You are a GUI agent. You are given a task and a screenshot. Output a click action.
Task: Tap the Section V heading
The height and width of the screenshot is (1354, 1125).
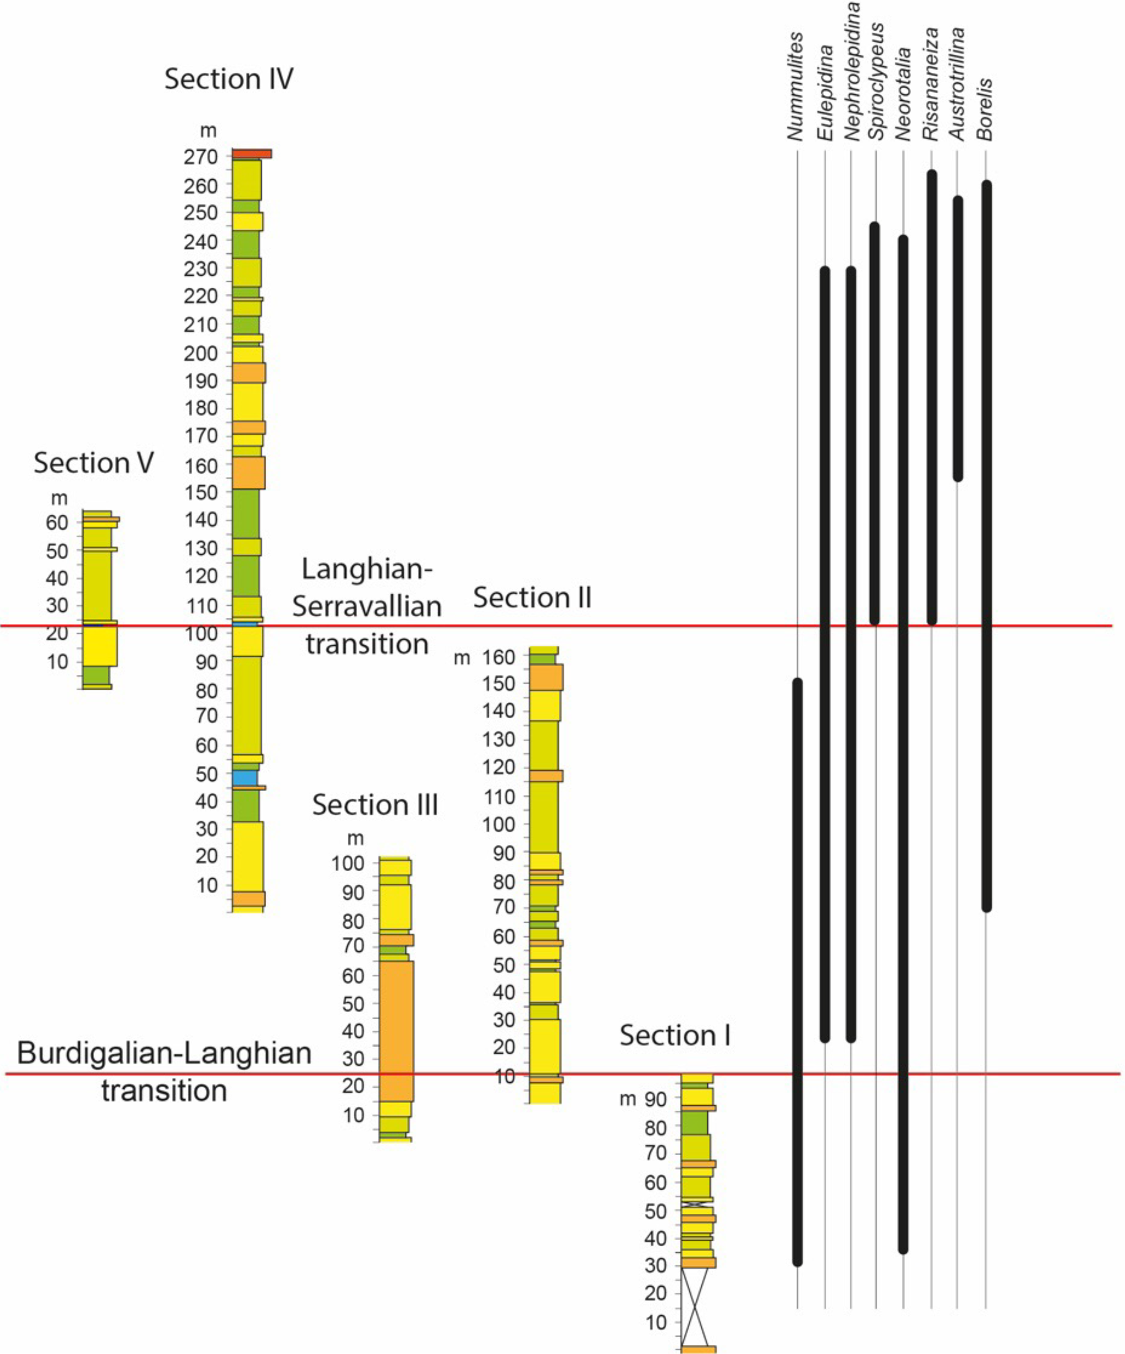pyautogui.click(x=94, y=463)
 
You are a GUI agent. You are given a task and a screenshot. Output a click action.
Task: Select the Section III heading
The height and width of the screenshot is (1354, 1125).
pyautogui.click(x=375, y=805)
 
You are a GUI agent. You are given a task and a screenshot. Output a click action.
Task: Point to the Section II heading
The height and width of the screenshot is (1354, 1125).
pyautogui.click(x=532, y=598)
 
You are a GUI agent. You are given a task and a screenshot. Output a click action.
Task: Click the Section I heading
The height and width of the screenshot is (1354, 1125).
pyautogui.click(x=675, y=1035)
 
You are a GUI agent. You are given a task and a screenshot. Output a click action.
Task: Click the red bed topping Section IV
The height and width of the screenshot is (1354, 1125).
pyautogui.click(x=251, y=154)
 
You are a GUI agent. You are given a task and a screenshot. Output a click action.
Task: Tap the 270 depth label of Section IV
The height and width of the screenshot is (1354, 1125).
pyautogui.click(x=200, y=157)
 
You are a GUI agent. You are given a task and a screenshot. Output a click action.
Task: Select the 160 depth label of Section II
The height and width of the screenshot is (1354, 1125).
pyautogui.click(x=499, y=657)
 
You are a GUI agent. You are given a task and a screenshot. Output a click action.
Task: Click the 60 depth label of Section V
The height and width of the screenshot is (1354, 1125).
pyautogui.click(x=57, y=522)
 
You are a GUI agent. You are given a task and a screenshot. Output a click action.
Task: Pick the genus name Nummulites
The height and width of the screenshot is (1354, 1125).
pyautogui.click(x=796, y=87)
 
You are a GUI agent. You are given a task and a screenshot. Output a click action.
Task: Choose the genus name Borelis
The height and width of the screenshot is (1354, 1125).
pyautogui.click(x=985, y=109)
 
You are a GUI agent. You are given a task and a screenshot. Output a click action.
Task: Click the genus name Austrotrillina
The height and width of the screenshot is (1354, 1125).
pyautogui.click(x=957, y=84)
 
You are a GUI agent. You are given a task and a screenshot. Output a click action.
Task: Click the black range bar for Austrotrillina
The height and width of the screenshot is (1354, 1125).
pyautogui.click(x=958, y=338)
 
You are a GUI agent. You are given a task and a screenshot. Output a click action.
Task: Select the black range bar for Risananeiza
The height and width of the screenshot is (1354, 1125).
pyautogui.click(x=932, y=396)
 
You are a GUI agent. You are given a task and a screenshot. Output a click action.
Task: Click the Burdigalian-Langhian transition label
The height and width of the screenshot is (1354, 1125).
pyautogui.click(x=164, y=1071)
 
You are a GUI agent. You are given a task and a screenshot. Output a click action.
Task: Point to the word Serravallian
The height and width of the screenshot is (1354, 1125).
pyautogui.click(x=367, y=606)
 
